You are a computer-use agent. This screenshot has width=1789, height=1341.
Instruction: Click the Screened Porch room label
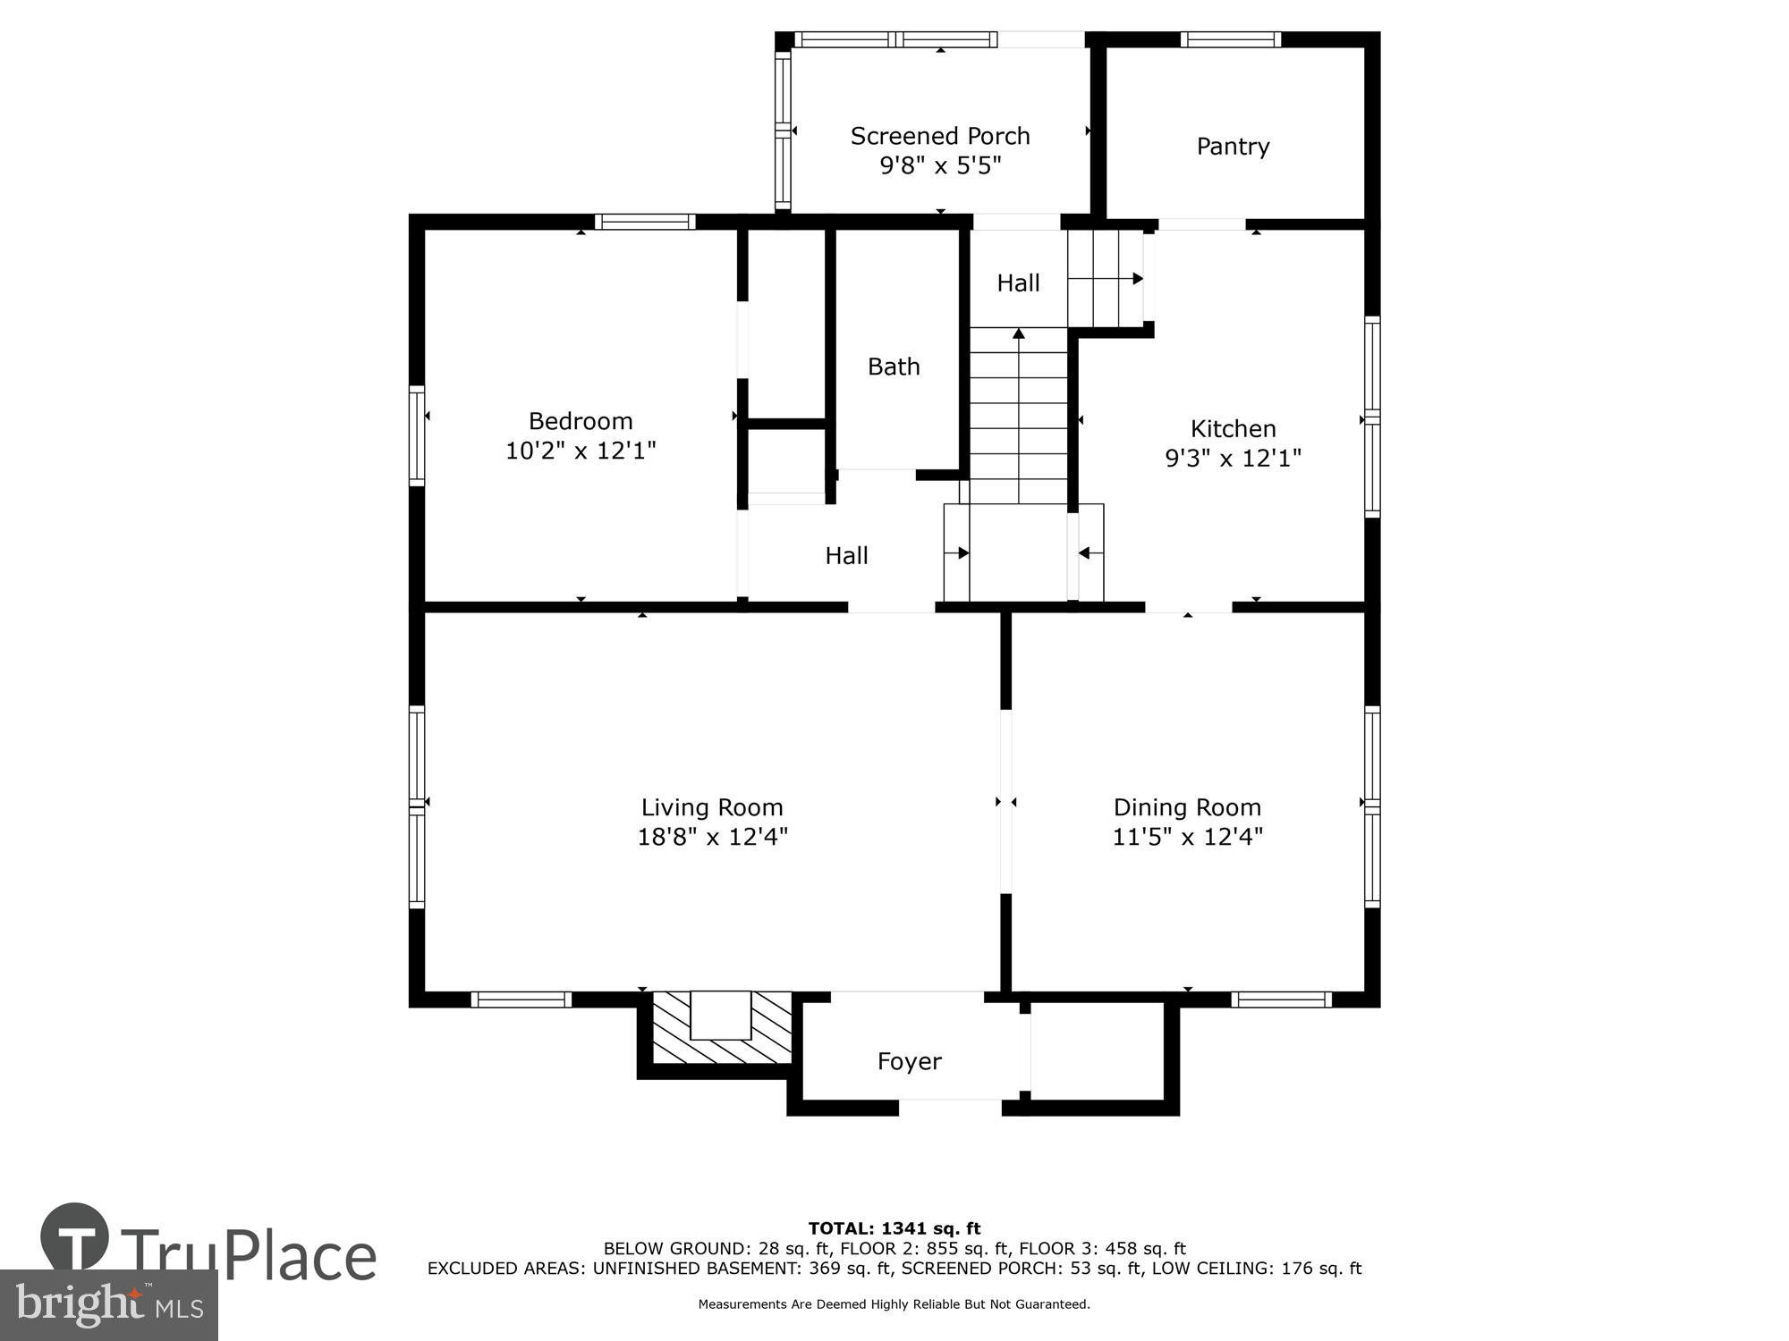(939, 136)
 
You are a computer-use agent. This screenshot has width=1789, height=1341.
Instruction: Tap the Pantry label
(1233, 146)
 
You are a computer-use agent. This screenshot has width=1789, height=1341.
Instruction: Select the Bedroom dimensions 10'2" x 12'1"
(581, 451)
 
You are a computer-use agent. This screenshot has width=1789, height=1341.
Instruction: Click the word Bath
(894, 367)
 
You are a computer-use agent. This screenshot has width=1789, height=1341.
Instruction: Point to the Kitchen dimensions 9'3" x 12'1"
(1233, 458)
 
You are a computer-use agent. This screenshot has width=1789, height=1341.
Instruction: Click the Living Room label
(712, 807)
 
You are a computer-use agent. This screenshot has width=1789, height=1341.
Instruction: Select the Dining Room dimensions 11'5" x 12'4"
(1187, 837)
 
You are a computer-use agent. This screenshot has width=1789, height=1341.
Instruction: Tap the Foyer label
(909, 1061)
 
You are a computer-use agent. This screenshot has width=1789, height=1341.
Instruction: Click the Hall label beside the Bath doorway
(846, 556)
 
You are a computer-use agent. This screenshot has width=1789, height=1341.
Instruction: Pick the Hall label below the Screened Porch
(1018, 283)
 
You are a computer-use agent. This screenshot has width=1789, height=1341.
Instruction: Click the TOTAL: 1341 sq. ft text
(894, 1228)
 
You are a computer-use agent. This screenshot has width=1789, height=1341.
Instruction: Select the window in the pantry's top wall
(1230, 39)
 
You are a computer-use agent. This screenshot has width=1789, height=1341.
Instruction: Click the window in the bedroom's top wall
(645, 222)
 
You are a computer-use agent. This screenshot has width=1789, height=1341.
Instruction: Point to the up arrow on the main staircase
(1018, 333)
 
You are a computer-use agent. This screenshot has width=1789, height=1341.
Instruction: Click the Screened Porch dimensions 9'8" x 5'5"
(939, 165)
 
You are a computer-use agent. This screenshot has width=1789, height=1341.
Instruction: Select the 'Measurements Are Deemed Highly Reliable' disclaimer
(894, 1304)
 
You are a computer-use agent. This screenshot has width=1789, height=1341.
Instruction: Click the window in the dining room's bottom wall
(1281, 999)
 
